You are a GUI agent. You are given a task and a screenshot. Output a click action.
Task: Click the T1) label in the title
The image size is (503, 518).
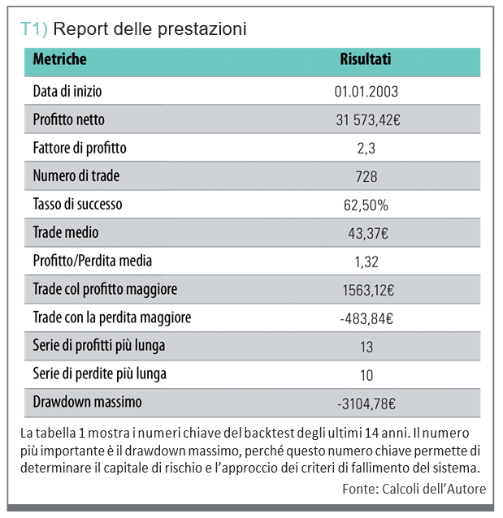point(33,29)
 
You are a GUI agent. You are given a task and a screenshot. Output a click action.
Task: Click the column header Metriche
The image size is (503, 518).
point(59,59)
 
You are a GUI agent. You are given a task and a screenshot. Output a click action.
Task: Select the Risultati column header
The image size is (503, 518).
point(365,59)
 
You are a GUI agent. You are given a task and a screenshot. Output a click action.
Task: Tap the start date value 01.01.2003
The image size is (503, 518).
point(366,92)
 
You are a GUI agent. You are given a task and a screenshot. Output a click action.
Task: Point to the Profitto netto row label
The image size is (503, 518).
point(68,119)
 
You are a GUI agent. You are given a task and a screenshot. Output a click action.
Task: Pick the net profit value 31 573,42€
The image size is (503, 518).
point(367,120)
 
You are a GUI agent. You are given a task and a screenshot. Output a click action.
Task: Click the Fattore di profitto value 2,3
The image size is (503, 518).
point(366,149)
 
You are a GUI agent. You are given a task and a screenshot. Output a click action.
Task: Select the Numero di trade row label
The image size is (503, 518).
point(76,176)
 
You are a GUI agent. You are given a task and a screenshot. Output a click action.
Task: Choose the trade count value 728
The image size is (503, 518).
point(366,177)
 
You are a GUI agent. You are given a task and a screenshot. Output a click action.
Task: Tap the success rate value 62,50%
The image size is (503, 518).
point(366,205)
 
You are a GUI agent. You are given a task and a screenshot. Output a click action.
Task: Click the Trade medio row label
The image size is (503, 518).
point(66,233)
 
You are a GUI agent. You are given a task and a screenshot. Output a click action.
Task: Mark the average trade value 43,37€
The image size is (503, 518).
point(367,234)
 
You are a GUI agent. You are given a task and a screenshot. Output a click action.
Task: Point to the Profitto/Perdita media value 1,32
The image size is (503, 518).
point(366,261)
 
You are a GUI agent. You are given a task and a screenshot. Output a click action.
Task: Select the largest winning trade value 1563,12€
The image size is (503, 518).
point(367,290)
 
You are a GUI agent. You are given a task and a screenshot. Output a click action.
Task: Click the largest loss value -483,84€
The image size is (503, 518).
point(367,318)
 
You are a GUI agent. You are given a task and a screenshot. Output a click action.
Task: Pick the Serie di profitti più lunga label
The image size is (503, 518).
point(99,346)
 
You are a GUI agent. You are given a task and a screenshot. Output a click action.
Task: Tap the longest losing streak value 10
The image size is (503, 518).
point(366,375)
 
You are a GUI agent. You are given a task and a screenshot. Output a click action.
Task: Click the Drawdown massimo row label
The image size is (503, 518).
point(87,402)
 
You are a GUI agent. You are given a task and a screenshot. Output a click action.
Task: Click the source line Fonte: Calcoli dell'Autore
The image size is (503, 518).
point(414,488)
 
